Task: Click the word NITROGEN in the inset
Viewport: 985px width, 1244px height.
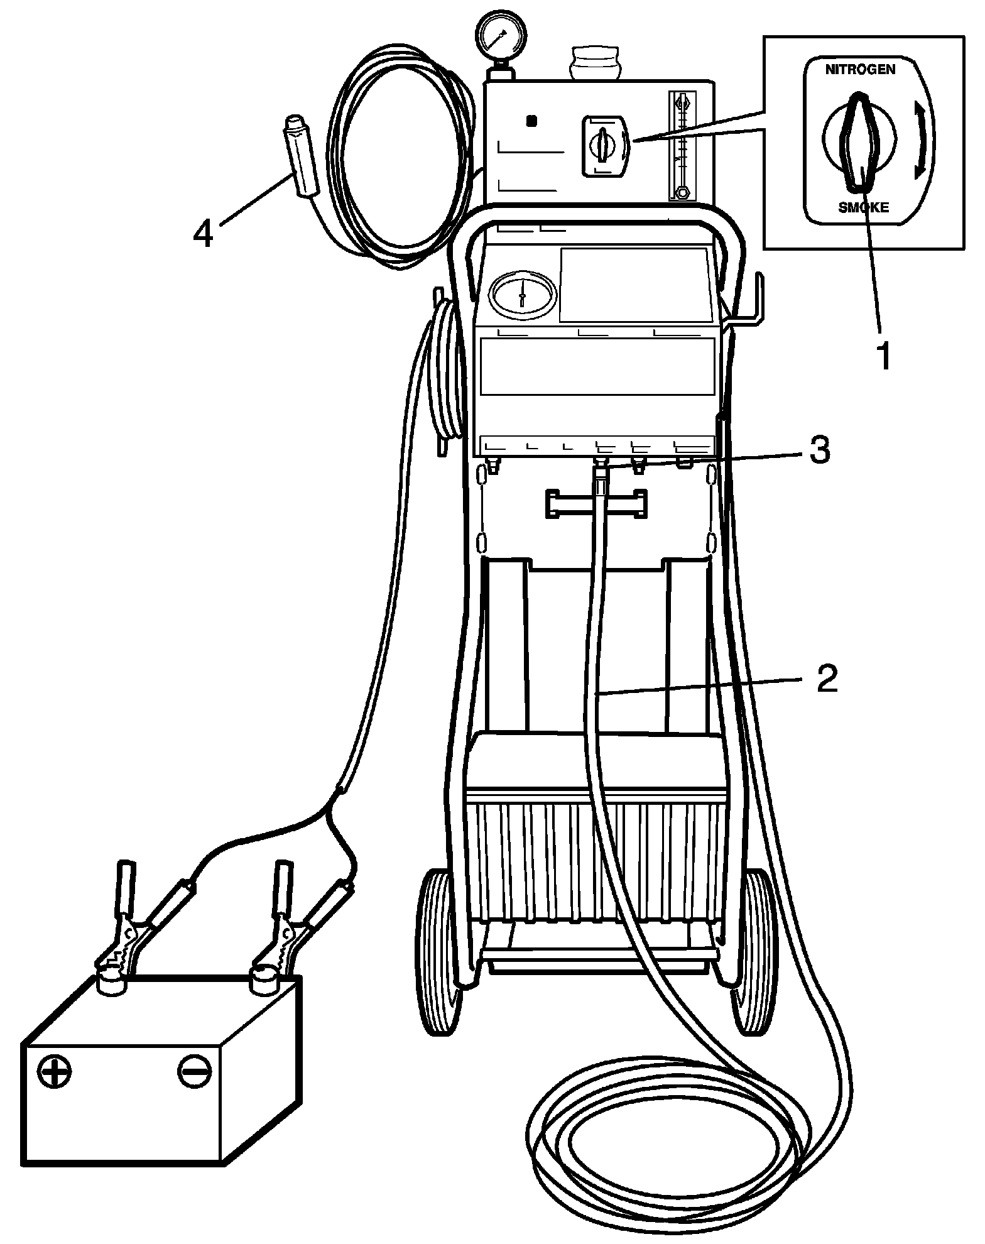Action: [x=860, y=70]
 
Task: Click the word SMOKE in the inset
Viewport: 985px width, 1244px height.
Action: [x=863, y=207]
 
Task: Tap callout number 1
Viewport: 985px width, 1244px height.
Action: [x=883, y=356]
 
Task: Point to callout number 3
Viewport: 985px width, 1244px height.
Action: [x=819, y=450]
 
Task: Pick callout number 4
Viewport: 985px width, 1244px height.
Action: [x=203, y=234]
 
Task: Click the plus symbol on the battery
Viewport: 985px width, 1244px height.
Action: [x=55, y=1072]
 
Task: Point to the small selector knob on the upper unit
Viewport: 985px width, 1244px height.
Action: [x=604, y=144]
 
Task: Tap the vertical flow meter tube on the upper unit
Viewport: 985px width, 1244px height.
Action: [x=682, y=145]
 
